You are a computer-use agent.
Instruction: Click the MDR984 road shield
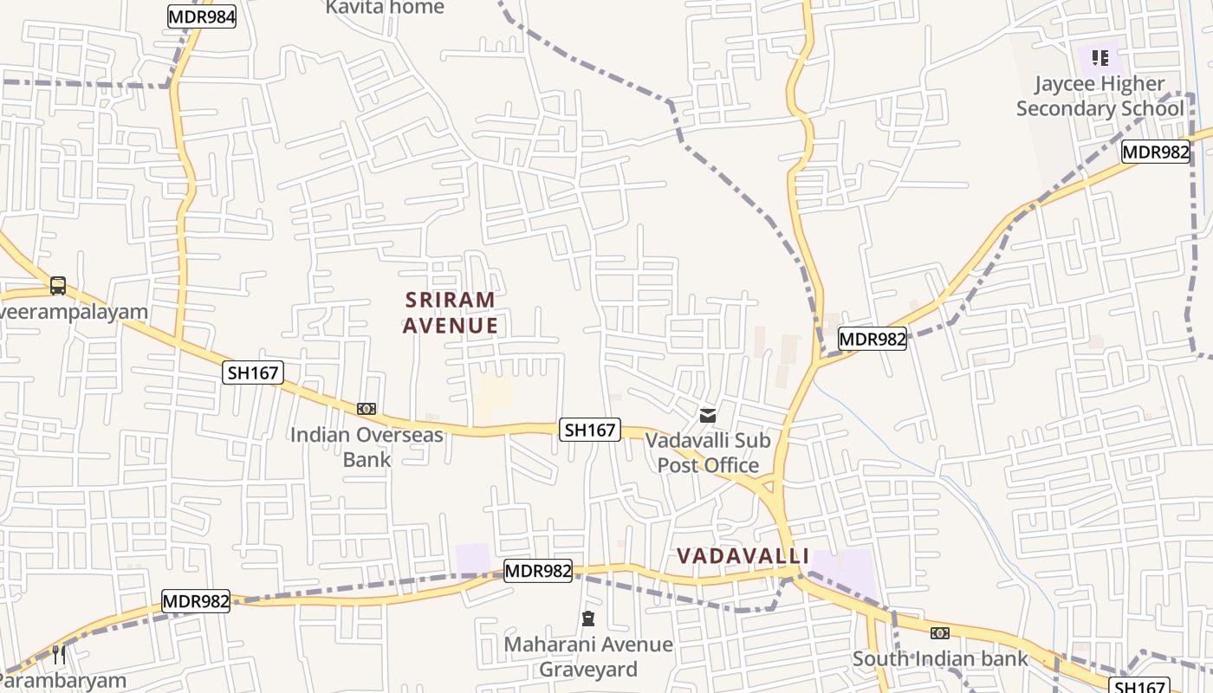(x=201, y=16)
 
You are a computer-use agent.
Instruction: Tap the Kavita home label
(x=385, y=8)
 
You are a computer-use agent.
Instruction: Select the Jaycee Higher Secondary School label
(x=1099, y=96)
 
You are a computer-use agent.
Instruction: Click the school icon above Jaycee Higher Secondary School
(x=1100, y=58)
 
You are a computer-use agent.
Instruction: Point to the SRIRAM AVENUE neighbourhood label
(x=451, y=313)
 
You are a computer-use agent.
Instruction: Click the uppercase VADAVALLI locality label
(x=743, y=555)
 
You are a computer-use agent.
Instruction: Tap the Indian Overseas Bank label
(x=366, y=446)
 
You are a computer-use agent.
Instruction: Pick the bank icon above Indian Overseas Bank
(x=366, y=409)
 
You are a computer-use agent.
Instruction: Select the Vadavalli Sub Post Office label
(x=708, y=452)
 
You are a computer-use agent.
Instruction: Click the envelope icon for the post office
(x=708, y=416)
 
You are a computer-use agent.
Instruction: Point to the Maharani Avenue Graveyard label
(x=588, y=657)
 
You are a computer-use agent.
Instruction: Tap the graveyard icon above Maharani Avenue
(x=588, y=619)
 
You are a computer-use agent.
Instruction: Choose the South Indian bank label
(x=940, y=658)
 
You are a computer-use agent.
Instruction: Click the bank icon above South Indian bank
(x=940, y=633)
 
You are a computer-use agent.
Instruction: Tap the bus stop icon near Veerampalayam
(x=58, y=285)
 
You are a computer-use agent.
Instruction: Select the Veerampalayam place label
(x=74, y=312)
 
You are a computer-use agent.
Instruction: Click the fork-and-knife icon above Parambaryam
(x=59, y=654)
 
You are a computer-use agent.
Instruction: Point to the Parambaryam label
(x=63, y=681)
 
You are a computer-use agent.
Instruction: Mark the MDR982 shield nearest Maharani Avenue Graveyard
(x=538, y=571)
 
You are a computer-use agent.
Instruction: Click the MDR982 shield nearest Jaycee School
(x=1156, y=152)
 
